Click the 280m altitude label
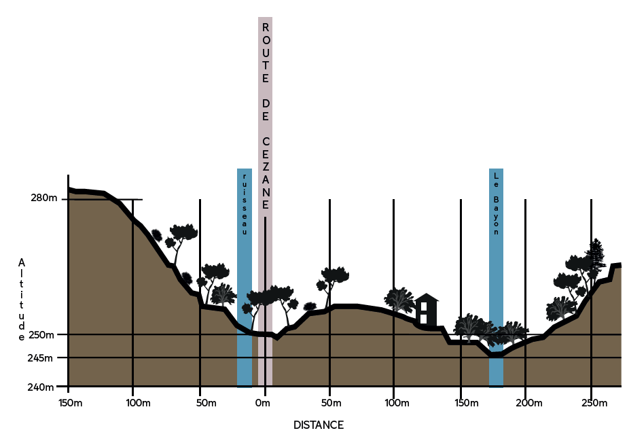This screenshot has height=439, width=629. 44,198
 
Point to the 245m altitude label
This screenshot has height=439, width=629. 44,357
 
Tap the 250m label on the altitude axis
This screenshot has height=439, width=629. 44,334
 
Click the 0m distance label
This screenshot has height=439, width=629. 262,404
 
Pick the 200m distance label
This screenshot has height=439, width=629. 529,404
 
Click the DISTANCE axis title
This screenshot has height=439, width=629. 319,425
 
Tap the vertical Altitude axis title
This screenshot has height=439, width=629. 22,298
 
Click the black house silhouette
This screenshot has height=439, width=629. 426,311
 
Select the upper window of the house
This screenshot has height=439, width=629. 424,306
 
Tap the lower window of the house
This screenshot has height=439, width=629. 424,318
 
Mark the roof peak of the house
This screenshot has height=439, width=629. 427,295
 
